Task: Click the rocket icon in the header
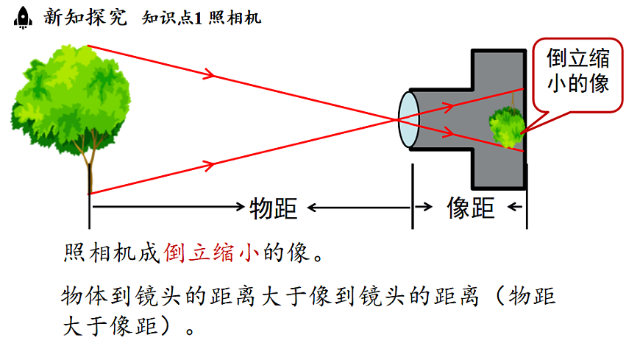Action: click(23, 17)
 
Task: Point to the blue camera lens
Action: click(408, 118)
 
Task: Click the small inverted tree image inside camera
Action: click(507, 126)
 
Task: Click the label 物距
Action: click(273, 208)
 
